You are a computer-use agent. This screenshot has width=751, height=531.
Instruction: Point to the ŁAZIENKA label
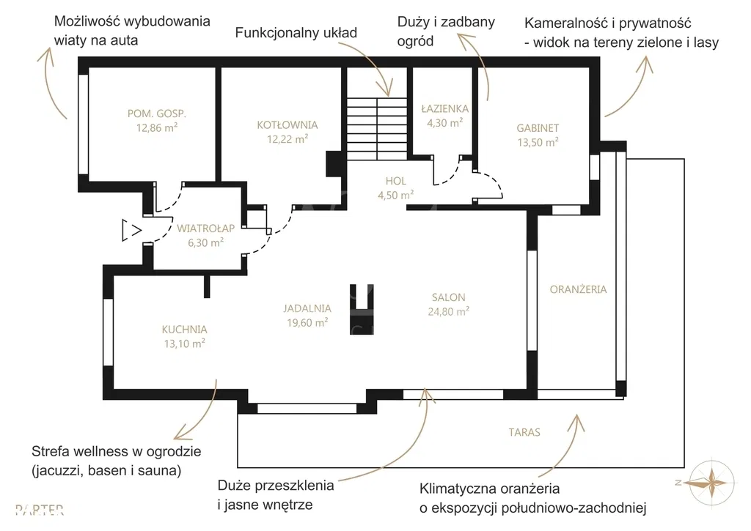point(444,109)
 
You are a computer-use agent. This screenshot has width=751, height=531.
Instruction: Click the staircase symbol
point(376,127)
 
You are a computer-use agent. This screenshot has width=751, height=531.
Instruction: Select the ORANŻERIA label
point(578,289)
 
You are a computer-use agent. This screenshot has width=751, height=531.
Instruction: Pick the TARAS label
point(524,432)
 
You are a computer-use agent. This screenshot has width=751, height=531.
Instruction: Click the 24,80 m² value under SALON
point(449,311)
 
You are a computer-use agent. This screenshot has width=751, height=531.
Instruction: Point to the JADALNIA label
point(307,308)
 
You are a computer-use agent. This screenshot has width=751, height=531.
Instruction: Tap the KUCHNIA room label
point(184,330)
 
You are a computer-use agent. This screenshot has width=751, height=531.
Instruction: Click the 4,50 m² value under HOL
point(395,194)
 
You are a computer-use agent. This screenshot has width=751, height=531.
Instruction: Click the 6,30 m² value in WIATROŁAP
point(205,242)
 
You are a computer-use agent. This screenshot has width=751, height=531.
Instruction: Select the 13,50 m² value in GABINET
point(538,142)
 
